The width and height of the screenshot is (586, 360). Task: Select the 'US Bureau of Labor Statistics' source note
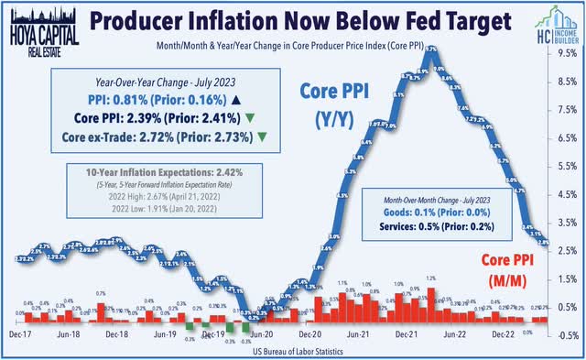293,352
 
